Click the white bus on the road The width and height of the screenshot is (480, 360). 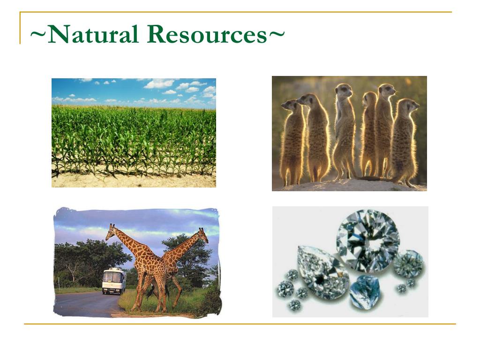click(x=113, y=281)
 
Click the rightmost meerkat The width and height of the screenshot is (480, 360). click(x=404, y=141)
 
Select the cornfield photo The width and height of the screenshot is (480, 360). click(x=134, y=133)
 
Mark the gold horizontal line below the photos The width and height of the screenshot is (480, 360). click(x=240, y=323)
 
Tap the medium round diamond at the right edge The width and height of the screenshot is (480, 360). click(x=408, y=264)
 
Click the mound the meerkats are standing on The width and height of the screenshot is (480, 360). click(x=349, y=186)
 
